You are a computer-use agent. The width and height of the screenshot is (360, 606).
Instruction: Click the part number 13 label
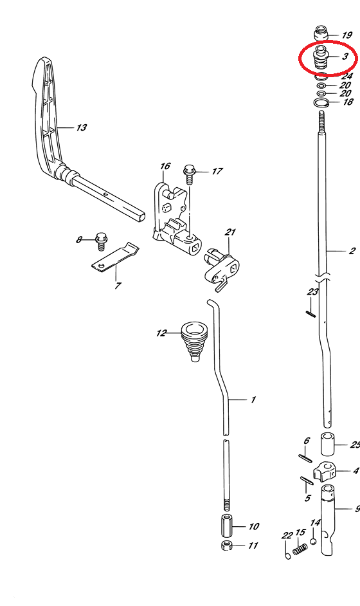[82, 127]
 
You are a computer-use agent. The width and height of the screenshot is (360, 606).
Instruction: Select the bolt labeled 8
[101, 241]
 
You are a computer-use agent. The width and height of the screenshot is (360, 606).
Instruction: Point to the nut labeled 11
[227, 546]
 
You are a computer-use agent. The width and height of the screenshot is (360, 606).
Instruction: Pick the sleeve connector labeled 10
[227, 526]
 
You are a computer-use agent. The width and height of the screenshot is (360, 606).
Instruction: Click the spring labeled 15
[300, 549]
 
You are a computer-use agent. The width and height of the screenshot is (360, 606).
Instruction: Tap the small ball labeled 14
[313, 541]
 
